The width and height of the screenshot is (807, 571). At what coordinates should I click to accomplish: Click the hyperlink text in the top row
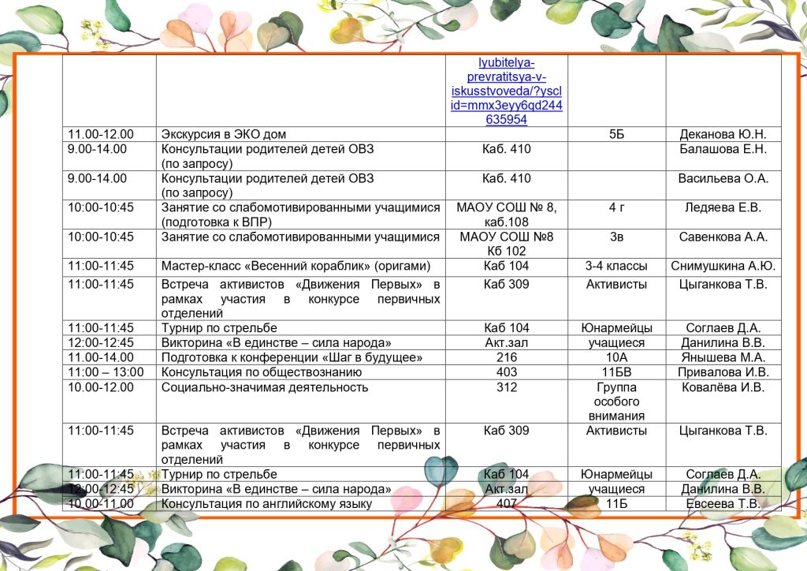point(506,91)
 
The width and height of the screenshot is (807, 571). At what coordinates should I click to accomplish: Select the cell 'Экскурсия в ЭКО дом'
point(234,135)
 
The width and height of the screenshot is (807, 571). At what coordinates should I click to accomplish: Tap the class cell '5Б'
point(616,135)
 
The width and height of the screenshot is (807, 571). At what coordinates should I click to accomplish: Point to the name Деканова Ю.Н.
point(723,135)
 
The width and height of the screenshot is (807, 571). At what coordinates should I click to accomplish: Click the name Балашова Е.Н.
point(723,149)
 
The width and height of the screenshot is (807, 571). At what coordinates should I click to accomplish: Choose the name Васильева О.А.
point(723,178)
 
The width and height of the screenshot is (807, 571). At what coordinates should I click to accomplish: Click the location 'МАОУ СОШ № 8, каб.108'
point(506,215)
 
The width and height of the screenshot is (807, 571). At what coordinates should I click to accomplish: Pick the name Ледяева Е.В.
point(723,208)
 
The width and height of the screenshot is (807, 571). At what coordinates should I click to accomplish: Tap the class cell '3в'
point(616,237)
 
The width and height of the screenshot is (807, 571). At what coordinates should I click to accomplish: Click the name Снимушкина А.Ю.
point(723,266)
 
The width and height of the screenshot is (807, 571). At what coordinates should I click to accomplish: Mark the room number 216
point(506,357)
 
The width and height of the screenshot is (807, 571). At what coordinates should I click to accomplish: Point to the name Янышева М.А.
point(723,357)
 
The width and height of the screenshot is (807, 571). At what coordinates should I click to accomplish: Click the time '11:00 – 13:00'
point(106,372)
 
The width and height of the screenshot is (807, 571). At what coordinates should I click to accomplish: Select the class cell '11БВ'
point(616,372)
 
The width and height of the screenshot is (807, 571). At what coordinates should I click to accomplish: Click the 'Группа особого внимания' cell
point(616,401)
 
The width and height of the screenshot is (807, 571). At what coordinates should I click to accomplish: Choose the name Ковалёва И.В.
point(723,387)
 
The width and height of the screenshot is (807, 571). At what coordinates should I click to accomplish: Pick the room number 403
point(506,372)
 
